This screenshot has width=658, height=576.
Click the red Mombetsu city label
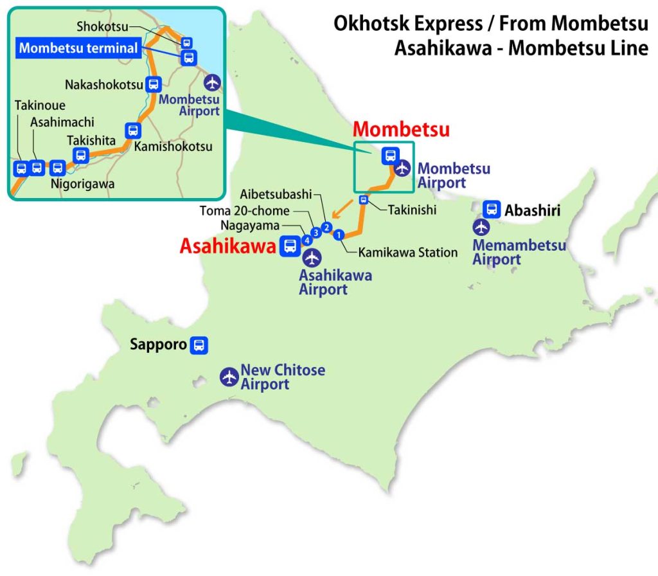point(402,129)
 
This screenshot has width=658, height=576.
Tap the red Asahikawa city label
point(228,246)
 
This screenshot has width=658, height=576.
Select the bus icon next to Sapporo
point(200,345)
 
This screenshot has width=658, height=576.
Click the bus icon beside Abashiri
point(492,209)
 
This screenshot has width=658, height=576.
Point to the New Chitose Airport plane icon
point(229,377)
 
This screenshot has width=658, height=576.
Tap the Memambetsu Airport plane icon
point(481,228)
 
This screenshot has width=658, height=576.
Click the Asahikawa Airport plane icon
point(312,258)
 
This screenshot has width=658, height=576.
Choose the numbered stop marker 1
point(339,234)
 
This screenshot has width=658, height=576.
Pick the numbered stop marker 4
point(307,240)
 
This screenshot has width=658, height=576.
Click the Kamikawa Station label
point(408,253)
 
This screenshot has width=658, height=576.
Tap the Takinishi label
point(412,210)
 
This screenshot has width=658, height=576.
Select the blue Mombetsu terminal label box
point(78,48)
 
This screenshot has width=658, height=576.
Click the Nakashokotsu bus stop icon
point(154,84)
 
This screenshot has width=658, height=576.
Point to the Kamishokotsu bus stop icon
point(133,130)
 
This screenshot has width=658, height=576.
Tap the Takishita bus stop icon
point(81,155)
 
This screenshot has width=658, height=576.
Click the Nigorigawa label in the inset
point(82,184)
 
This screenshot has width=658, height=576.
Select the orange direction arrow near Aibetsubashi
point(341,210)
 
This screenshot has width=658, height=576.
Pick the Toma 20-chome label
point(245,210)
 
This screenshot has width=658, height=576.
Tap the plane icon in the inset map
point(213,82)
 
